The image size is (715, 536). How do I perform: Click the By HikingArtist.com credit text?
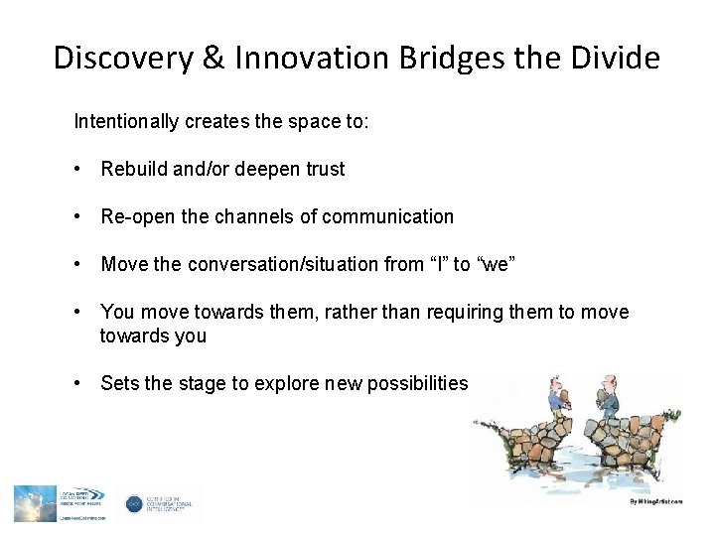click(656, 501)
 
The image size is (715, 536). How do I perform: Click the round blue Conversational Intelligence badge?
click(134, 504)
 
